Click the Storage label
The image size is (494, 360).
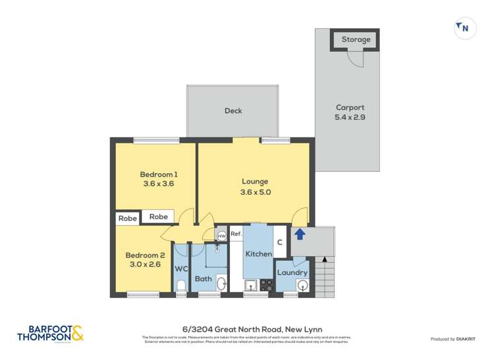pos(356,39)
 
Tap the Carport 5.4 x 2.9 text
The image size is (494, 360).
pos(350,113)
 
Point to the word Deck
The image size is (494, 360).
pos(233,111)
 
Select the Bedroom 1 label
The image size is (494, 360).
pos(159,179)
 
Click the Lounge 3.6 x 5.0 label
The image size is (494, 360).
pos(255,187)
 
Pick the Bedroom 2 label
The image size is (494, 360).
pos(145,259)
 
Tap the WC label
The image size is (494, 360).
pos(182,269)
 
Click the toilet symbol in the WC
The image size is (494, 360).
pos(181,286)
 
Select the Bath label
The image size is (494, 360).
pos(203,279)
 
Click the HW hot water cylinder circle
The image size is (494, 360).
pos(222,235)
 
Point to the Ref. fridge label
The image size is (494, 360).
pos(236,234)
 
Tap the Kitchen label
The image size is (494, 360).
pos(258,254)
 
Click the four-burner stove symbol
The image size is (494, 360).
pos(267,285)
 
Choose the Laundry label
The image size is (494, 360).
pos(292,272)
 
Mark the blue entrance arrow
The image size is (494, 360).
pos(300,234)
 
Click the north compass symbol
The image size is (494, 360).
pos(464,28)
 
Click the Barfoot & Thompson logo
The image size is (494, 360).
pos(51,333)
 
